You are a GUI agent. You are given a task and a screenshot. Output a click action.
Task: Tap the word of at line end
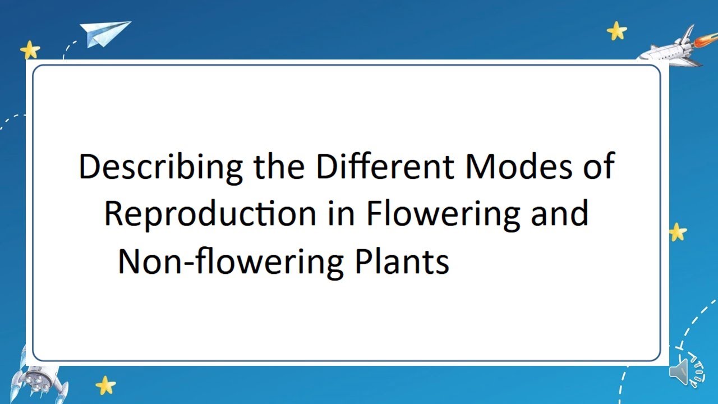598,167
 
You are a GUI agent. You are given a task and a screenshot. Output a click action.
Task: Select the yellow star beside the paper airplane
30,50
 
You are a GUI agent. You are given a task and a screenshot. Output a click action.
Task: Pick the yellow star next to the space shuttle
616,31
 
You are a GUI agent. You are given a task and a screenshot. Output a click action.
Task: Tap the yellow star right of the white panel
678,231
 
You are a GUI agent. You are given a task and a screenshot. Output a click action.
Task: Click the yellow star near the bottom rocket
105,385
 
